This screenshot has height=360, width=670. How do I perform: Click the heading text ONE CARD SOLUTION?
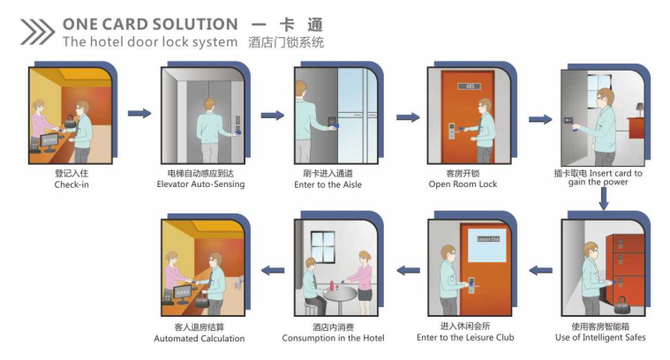point(150,24)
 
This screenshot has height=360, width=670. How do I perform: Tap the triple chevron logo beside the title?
point(36,33)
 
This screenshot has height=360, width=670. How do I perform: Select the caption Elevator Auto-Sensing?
point(200,184)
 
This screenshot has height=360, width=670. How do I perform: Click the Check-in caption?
point(72,184)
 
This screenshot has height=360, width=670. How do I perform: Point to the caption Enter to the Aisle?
point(327,184)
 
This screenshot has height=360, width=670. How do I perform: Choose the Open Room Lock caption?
point(463,184)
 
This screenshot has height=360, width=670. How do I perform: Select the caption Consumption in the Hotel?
point(333,338)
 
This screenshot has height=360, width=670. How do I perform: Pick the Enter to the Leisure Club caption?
point(465,337)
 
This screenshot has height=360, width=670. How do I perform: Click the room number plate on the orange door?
point(472,86)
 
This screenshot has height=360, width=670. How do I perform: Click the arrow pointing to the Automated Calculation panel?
point(271,270)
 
